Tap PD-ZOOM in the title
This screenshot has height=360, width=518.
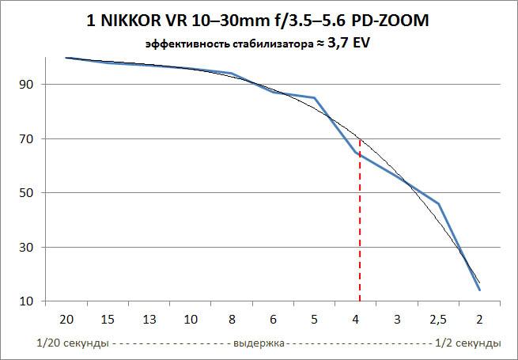coord(390,21)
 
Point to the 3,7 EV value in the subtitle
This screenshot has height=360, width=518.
coord(348,44)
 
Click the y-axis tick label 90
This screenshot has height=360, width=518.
coord(25,85)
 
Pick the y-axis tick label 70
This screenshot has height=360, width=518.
coord(25,138)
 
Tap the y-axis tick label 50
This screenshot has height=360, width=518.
coord(25,193)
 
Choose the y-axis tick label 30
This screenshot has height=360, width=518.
coord(25,247)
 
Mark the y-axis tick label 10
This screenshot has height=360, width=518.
coord(25,301)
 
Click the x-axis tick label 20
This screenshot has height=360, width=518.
coord(66,320)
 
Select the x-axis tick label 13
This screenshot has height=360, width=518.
coord(149,320)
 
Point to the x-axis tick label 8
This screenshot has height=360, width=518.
coord(232,320)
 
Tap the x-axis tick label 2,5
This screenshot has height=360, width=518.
coord(438,320)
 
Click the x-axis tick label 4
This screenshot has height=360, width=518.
coord(355,320)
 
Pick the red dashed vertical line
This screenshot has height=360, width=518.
coord(360,220)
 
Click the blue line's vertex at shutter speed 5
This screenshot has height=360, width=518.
coord(314,97)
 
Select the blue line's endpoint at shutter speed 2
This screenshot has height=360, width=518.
coord(479,290)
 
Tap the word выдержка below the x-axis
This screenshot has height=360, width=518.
coord(259,343)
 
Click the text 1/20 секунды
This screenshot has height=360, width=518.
coord(72,343)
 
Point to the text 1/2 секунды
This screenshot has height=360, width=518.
coord(468,343)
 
